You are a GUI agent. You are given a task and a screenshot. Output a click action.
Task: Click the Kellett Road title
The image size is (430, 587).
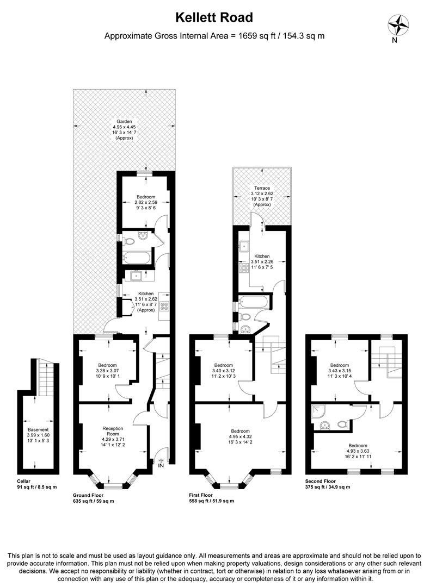214,17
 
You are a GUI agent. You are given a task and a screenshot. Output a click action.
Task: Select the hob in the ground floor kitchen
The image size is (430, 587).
163,307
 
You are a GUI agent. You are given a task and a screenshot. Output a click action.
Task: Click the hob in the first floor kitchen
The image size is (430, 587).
243,267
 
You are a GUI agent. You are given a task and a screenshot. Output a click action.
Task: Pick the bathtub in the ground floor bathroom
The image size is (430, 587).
136,258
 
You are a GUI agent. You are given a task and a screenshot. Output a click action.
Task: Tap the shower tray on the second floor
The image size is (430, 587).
317,413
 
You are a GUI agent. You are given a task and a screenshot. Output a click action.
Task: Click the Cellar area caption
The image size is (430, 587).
36,484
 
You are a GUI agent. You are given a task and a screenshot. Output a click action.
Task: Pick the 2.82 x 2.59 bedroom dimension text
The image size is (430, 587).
146,202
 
